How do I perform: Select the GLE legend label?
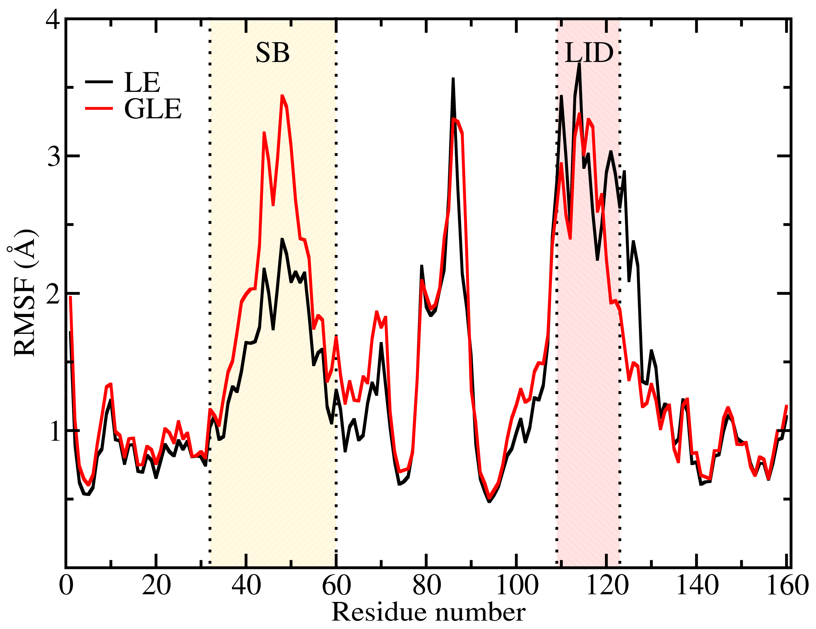point(153,109)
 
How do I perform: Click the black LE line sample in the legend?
point(99,81)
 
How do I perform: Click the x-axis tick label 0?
point(66,585)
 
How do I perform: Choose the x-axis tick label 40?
point(246,585)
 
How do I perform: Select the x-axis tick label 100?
point(517,585)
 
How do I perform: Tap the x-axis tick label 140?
point(697,585)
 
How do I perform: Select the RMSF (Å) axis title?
point(24,293)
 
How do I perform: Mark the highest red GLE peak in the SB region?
point(282,96)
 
